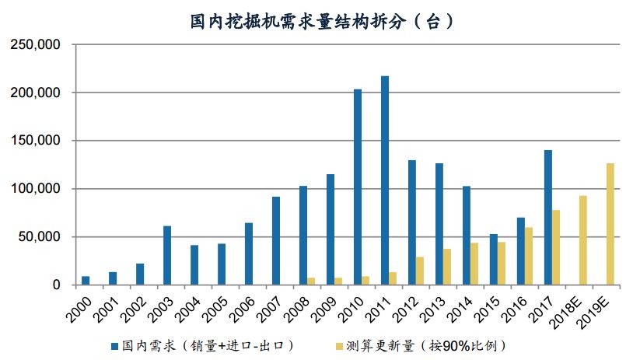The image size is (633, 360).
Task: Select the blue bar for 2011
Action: click(x=385, y=180)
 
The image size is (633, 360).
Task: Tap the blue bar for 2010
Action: click(x=358, y=187)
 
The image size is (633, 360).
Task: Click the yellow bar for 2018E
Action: click(x=583, y=240)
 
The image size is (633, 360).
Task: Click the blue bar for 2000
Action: click(x=86, y=281)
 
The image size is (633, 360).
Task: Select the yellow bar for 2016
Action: click(x=529, y=256)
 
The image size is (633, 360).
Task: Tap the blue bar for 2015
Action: click(x=494, y=260)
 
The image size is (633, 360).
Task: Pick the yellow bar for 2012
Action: click(x=420, y=271)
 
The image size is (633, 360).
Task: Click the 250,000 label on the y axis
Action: click(x=36, y=45)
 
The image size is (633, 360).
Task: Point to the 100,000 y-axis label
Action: click(x=36, y=189)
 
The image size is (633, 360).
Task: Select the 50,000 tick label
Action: click(x=39, y=237)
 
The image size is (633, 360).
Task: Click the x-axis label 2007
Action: click(x=267, y=305)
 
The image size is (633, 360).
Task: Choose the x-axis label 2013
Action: click(x=430, y=305)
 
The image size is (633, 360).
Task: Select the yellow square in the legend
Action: click(x=337, y=344)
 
